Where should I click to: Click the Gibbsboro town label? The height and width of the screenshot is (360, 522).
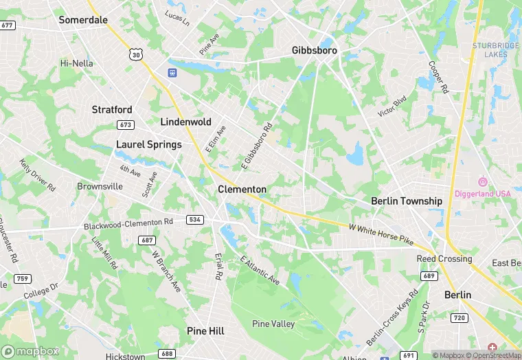(x=316, y=50)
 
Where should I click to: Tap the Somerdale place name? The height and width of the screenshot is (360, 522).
(x=83, y=20)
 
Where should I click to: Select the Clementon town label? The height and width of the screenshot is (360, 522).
(x=242, y=189)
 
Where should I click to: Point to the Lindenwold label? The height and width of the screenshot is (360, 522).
(x=185, y=122)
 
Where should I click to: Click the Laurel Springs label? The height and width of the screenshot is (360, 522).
(x=149, y=144)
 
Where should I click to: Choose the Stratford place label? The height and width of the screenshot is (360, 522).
(x=112, y=109)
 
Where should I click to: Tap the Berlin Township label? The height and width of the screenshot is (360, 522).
(x=407, y=201)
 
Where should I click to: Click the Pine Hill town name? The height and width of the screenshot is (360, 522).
(x=205, y=330)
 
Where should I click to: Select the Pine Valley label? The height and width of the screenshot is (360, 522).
(x=273, y=324)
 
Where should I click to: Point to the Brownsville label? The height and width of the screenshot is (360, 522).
(x=100, y=186)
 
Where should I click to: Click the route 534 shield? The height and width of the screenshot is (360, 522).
(x=194, y=219)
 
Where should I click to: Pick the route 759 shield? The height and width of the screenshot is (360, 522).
(x=23, y=278)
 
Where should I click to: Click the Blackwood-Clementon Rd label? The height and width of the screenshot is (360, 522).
(x=128, y=223)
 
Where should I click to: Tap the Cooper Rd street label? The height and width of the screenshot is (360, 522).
(x=438, y=78)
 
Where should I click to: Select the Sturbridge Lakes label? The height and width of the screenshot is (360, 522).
(x=496, y=50)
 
